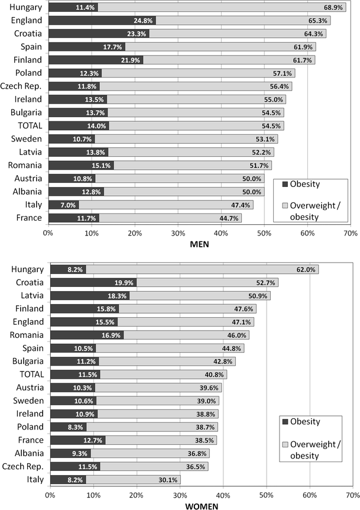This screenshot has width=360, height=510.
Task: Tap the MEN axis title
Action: tap(199, 244)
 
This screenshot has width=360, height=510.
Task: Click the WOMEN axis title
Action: tap(199, 505)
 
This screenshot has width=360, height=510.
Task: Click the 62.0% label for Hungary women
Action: tap(306, 269)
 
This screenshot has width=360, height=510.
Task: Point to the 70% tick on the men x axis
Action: tap(350, 233)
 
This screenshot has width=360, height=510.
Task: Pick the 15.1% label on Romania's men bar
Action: tap(101, 165)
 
